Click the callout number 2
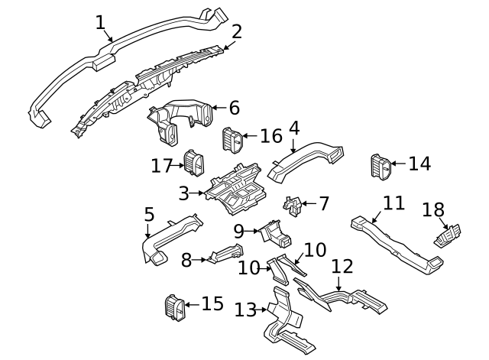(237, 31)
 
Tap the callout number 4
(293, 128)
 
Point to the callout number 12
(343, 266)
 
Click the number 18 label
(432, 210)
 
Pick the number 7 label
(324, 204)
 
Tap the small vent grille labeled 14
(380, 167)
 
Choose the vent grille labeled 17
(194, 163)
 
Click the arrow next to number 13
(264, 310)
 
